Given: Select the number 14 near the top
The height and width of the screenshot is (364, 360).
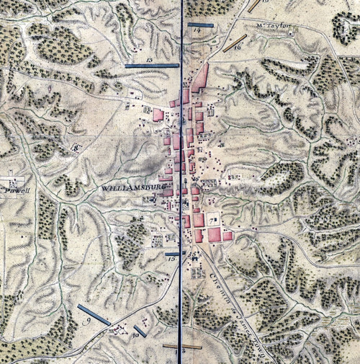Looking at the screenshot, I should (197, 31).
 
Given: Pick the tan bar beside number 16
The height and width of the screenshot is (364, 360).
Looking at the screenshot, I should (234, 43).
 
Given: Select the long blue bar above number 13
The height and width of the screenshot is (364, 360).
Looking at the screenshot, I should (151, 66).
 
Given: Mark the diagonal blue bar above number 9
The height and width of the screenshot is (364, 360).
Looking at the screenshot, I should (94, 315).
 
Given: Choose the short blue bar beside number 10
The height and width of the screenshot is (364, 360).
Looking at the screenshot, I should (140, 331).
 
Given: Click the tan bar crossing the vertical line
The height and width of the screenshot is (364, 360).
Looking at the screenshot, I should (181, 346).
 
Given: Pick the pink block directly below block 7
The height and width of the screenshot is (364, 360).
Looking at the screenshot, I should (215, 235).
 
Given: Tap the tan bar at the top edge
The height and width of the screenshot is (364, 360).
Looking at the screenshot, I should (253, 6).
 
